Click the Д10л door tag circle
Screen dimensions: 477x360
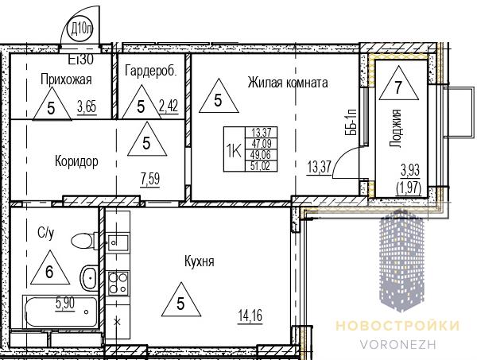[80, 29]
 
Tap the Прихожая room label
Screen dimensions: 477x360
[66, 79]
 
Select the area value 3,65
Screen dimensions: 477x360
[87, 107]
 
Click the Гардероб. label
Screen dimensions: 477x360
[150, 72]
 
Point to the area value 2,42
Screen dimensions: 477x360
[169, 107]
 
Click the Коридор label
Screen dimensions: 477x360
[76, 161]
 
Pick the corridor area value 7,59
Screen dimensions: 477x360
[150, 179]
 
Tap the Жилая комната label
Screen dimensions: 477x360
[288, 83]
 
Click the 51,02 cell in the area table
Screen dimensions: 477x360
[261, 166]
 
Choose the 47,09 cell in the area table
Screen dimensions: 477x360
[261, 143]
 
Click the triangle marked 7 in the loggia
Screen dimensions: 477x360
[398, 83]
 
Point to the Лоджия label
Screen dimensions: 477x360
[396, 128]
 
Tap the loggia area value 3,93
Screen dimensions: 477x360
[410, 170]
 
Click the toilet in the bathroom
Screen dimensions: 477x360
[84, 241]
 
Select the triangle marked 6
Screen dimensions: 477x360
[50, 268]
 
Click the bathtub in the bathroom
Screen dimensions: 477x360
[60, 312]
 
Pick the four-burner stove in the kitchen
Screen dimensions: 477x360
[118, 283]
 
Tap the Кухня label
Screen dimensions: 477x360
[200, 261]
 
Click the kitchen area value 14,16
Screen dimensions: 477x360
[250, 316]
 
